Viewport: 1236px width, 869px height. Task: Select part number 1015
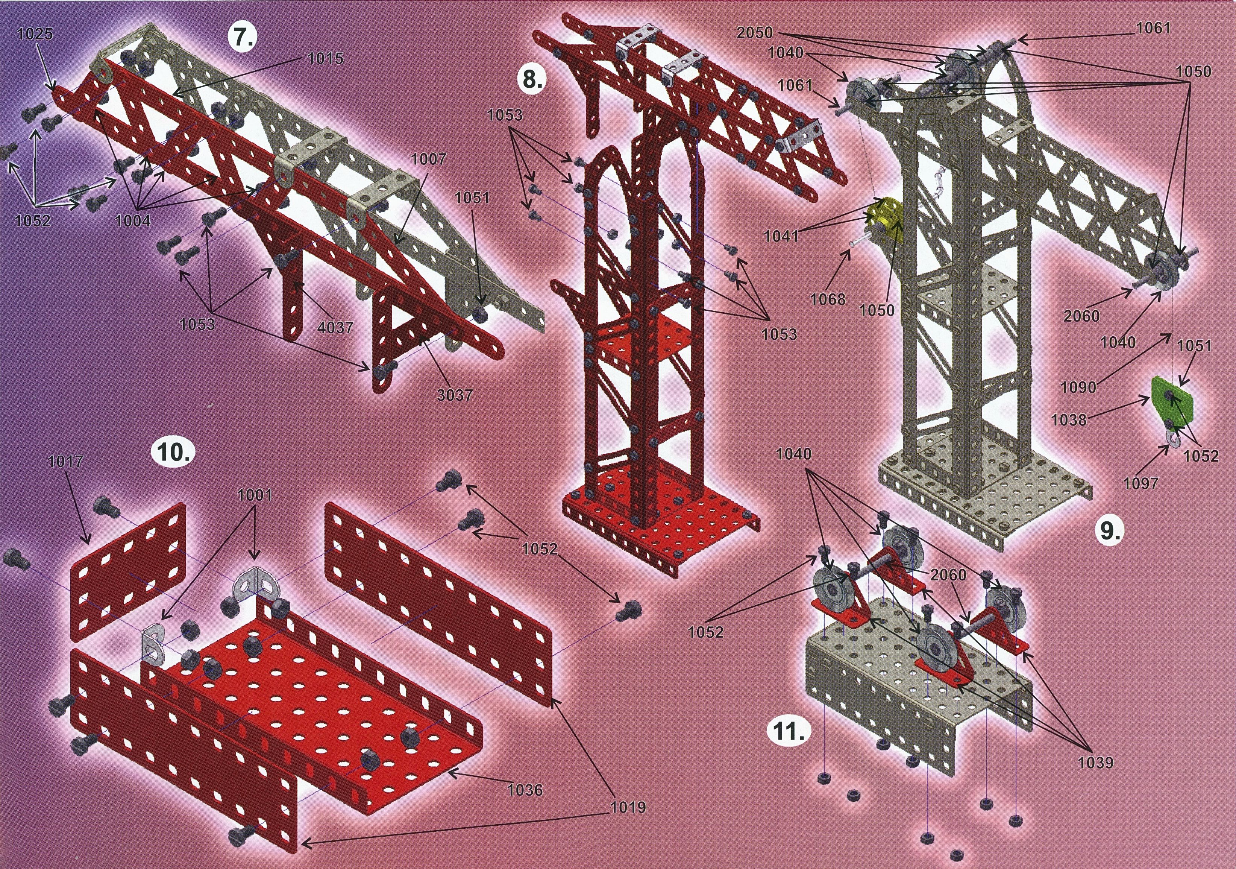click(x=325, y=58)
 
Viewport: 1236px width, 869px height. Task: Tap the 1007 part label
click(x=429, y=160)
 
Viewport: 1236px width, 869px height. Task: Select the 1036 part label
click(x=525, y=790)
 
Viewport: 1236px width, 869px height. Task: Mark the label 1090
click(x=1079, y=387)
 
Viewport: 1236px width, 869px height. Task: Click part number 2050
click(x=754, y=32)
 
